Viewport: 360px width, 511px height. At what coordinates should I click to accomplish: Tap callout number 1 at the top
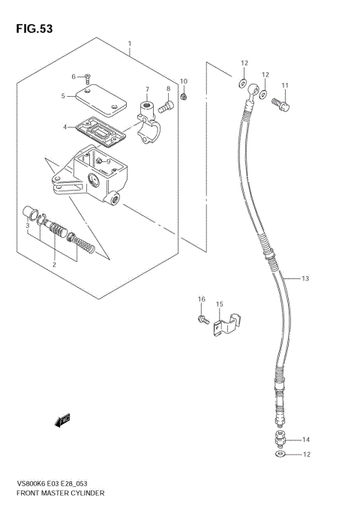pos(130,44)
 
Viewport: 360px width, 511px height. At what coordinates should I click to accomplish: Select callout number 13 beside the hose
pos(305,279)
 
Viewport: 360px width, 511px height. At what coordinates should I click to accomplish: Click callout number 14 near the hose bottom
pos(305,440)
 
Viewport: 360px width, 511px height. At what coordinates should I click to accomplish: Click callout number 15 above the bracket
pos(220,304)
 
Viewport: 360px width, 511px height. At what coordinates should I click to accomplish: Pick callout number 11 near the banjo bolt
pos(284,85)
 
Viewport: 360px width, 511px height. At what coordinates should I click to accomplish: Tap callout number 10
pos(184,81)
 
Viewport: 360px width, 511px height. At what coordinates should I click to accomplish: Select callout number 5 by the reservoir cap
pos(64,96)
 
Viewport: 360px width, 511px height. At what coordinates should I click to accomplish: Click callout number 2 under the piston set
pos(54,265)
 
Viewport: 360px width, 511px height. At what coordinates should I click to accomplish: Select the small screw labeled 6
pos(88,77)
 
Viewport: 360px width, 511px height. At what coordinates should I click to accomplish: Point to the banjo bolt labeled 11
pos(281,104)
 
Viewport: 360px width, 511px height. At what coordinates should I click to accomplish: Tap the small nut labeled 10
pos(184,95)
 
